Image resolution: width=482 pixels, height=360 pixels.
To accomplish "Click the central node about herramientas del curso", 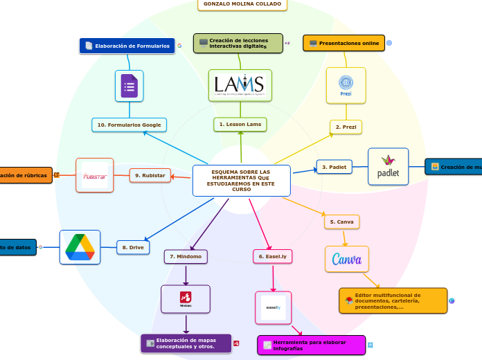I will click(242, 180).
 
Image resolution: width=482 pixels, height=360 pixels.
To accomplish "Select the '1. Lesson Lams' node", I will click(240, 124).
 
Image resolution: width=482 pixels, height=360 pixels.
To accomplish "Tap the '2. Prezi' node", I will click(346, 127).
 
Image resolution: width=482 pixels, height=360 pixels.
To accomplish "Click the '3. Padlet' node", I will click(334, 167).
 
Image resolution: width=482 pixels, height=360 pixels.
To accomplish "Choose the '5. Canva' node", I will click(341, 222).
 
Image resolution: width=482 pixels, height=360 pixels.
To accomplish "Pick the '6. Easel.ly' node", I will click(273, 256).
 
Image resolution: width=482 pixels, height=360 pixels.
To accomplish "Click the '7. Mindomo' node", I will click(186, 256).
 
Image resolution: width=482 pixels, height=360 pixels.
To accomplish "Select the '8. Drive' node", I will click(133, 247).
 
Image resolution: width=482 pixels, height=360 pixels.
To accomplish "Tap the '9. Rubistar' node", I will click(150, 175).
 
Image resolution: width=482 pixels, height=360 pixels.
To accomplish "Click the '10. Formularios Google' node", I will click(129, 125).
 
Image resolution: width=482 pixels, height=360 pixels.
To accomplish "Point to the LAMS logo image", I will click(240, 85).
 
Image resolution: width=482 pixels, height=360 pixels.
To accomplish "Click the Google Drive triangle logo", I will click(80, 247).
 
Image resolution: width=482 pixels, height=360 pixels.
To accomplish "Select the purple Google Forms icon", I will click(129, 86).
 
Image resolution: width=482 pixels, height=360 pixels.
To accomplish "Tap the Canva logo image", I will click(347, 260).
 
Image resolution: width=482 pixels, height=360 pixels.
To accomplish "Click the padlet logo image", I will click(388, 167).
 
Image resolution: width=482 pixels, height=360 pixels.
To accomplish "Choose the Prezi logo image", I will click(346, 85).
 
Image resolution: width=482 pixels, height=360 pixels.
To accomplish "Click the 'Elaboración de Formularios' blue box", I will click(127, 46).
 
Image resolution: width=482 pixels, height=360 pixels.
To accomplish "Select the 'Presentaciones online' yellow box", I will click(344, 43).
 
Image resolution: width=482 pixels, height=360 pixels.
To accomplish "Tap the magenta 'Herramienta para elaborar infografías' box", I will click(311, 345).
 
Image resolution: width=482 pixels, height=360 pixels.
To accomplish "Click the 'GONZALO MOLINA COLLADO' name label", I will click(242, 4).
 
